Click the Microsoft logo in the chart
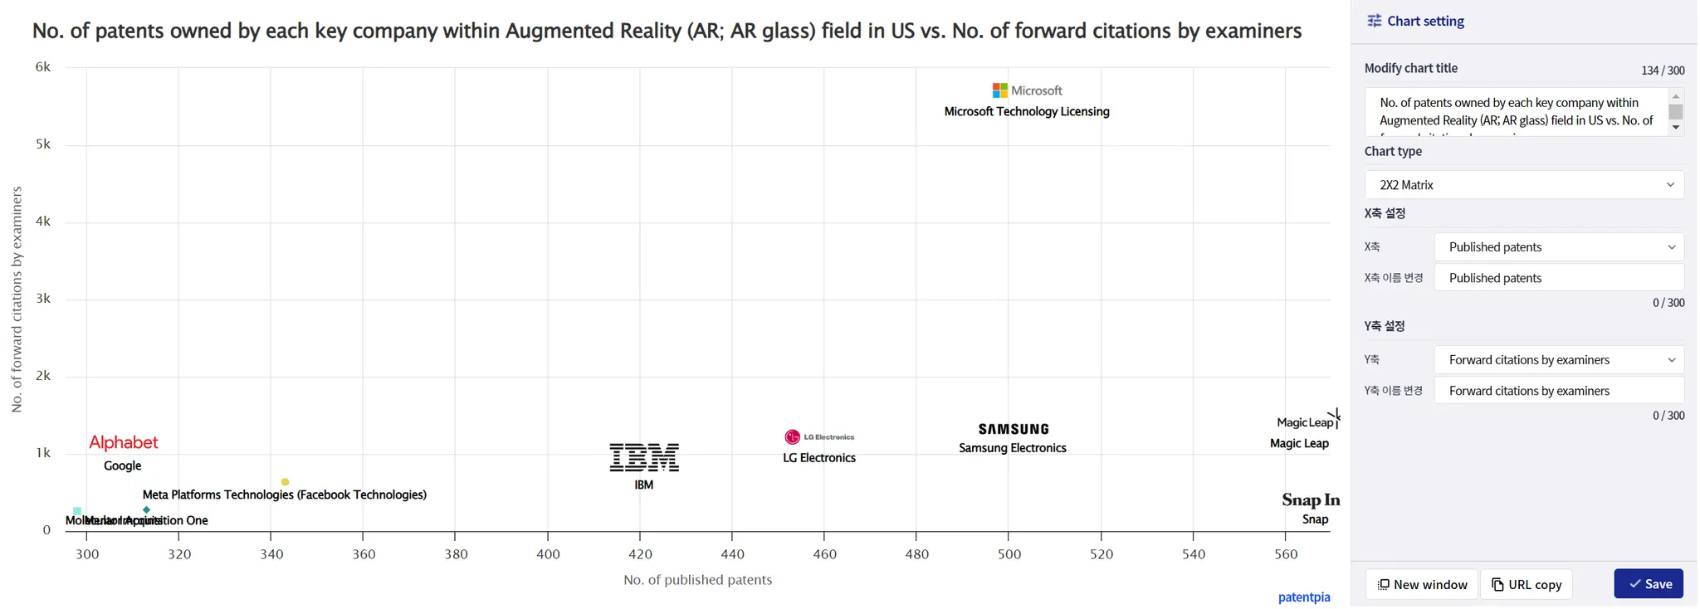tap(1027, 90)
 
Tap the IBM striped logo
tap(644, 457)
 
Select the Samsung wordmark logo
tap(1014, 429)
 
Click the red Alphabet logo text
tap(124, 442)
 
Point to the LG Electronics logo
tap(819, 437)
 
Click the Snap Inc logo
tap(1311, 499)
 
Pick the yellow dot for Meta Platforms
tap(285, 482)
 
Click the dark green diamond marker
tap(147, 510)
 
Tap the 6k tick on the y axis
tap(43, 67)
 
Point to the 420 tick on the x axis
tap(640, 554)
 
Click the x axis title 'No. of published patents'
tap(697, 580)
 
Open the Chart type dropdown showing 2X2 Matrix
tap(1524, 185)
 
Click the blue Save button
tap(1649, 584)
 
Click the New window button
tap(1422, 584)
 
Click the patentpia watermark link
tap(1303, 597)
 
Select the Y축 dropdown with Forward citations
tap(1559, 360)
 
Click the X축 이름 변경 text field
tap(1559, 278)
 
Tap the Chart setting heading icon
tap(1375, 21)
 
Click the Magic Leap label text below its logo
tap(1299, 444)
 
